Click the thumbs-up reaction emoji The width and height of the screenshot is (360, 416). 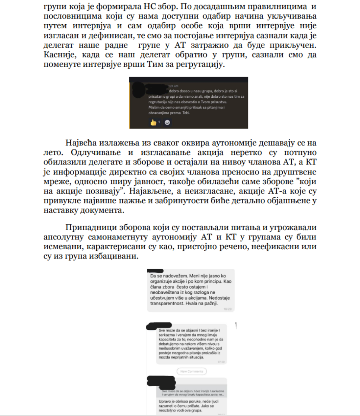click(153, 122)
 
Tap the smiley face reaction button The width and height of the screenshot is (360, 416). click(167, 122)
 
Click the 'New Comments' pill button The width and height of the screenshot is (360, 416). click(192, 371)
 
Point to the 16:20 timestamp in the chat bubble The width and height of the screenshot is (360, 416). click(227, 309)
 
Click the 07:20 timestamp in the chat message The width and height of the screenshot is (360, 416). click(221, 361)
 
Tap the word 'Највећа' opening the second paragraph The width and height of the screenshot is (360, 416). click(83, 143)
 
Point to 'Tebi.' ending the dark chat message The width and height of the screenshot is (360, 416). click(186, 113)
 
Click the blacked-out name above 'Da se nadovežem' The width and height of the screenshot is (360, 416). click(156, 270)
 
